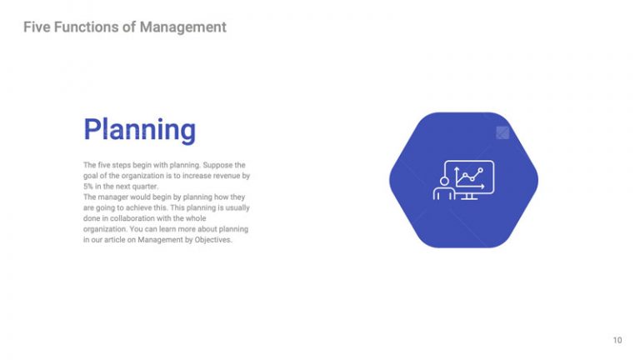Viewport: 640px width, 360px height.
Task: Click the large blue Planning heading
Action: [139, 130]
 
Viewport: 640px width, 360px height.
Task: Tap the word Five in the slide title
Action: [37, 27]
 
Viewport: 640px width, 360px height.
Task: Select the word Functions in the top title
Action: [87, 27]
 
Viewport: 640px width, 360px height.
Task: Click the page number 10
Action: [617, 340]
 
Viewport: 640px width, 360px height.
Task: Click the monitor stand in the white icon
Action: [469, 196]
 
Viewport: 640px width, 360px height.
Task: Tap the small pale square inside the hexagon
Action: [502, 132]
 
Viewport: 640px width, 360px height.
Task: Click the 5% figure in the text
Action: [88, 187]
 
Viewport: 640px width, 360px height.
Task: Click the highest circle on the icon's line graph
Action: [480, 169]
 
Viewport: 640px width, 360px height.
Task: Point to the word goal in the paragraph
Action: [92, 176]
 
